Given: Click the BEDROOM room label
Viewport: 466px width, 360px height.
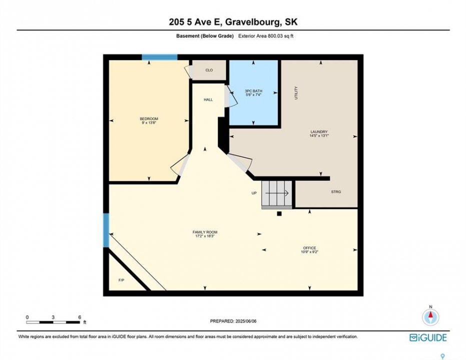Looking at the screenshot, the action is (149, 118).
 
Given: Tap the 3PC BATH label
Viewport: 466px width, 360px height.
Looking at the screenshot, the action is (253, 91).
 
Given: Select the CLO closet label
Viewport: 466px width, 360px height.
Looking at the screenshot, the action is (209, 70).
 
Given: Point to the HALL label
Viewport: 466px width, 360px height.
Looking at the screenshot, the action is (208, 99).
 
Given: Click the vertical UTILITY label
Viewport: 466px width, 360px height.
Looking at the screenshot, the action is (296, 93).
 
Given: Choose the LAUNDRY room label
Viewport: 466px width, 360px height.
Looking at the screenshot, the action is (319, 132).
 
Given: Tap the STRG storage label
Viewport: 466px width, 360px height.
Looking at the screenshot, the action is (336, 191).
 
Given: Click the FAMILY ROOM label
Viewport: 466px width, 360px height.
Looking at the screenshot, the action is (205, 232).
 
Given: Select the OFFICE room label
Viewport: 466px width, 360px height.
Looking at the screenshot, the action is (309, 248).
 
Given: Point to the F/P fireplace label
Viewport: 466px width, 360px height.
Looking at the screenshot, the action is (121, 280).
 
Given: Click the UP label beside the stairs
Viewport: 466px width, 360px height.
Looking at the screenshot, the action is (254, 193).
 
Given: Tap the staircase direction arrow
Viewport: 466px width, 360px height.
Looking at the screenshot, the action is (277, 193).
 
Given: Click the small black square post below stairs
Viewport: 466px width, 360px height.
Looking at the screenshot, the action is (279, 213).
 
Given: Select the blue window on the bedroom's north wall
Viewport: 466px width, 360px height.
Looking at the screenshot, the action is (160, 57).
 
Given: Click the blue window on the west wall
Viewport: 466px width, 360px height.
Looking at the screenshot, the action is (106, 230).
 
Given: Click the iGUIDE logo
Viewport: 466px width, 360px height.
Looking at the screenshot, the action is (428, 337).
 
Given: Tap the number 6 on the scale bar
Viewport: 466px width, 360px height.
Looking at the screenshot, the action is (80, 317).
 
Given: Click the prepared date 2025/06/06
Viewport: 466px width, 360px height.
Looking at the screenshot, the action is (246, 321).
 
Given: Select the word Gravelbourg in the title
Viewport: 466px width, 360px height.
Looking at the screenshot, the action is (252, 22).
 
